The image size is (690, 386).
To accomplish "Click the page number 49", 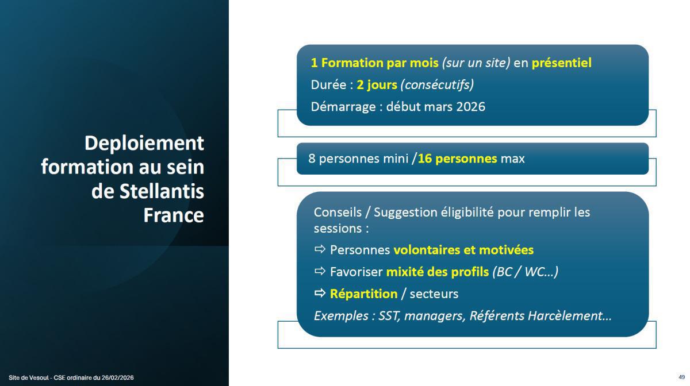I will [681, 377].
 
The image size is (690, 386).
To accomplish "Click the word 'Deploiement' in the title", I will [144, 143].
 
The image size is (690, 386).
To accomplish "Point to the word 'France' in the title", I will [173, 215].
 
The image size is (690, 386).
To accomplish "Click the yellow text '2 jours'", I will [377, 84].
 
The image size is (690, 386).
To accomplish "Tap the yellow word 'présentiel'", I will [561, 63].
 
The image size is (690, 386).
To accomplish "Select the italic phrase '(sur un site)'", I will [476, 63].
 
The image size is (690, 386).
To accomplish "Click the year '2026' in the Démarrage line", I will [470, 106].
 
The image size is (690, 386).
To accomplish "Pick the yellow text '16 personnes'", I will [457, 159].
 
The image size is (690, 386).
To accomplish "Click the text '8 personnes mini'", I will [358, 159].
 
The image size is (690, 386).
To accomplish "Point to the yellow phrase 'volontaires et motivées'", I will [463, 250].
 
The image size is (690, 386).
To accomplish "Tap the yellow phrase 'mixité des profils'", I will [437, 272].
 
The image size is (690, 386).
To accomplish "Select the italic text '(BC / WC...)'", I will [525, 272].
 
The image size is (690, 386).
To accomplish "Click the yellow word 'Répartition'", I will [363, 294].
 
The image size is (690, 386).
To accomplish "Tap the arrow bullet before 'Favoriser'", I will [320, 272].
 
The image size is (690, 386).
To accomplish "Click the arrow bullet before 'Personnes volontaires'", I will [320, 250].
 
